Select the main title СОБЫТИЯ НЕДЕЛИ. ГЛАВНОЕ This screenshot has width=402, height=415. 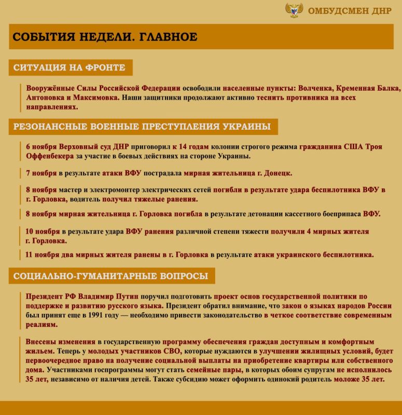click(105, 37)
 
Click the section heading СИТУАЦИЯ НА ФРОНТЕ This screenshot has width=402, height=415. click(69, 67)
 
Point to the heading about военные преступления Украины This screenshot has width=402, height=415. click(141, 127)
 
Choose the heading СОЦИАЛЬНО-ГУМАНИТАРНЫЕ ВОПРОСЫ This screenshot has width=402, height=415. click(110, 275)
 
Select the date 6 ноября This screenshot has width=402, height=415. click(41, 147)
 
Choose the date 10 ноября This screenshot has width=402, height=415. click(44, 231)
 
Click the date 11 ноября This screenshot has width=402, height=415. click(44, 255)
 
